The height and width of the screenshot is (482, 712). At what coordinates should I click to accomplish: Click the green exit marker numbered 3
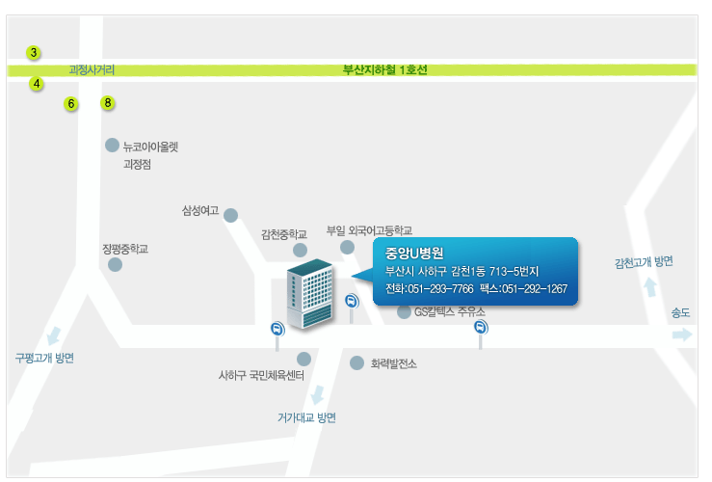[34, 53]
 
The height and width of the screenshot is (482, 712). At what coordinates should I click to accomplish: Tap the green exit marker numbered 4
[37, 84]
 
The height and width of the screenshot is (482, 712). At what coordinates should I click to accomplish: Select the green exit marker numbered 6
[71, 104]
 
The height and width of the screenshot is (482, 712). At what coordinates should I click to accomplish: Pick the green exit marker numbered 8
[108, 103]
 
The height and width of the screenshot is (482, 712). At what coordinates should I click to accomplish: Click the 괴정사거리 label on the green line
[92, 70]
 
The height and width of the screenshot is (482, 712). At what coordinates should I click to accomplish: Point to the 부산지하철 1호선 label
[385, 70]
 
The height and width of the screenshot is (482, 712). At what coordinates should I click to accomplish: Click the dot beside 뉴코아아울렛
[112, 146]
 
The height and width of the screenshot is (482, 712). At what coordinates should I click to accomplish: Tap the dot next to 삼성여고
[230, 215]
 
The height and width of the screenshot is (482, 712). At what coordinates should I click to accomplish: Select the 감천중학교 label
[284, 234]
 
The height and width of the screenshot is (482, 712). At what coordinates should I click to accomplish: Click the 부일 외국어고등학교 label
[369, 230]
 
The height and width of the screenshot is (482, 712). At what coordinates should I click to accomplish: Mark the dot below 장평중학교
[115, 264]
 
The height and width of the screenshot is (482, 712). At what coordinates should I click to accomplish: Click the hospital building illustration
[310, 294]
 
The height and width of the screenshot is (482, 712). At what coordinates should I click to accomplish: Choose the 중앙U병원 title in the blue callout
[414, 253]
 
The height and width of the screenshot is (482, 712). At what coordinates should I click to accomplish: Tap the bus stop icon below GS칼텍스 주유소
[481, 328]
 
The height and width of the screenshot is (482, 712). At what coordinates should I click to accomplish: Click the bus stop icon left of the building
[277, 329]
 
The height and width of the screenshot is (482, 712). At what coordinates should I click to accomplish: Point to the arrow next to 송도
[682, 335]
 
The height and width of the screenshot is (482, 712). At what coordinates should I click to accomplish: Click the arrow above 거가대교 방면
[318, 394]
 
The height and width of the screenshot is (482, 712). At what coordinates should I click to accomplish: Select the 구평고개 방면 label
[44, 358]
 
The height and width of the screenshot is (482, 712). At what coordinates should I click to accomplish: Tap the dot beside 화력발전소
[356, 363]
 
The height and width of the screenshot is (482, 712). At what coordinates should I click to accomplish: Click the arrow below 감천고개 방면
[650, 287]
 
